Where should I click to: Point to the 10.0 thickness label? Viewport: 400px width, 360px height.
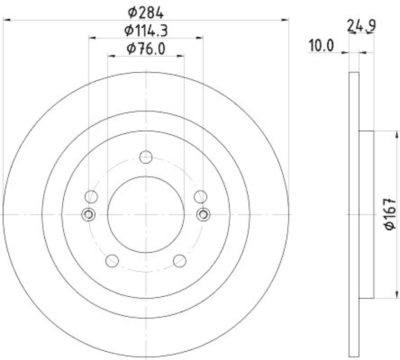pyautogui.click(x=320, y=46)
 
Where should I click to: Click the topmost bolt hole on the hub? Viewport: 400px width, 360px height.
pyautogui.click(x=145, y=157)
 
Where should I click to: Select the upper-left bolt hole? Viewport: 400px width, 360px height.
pyautogui.click(x=91, y=196)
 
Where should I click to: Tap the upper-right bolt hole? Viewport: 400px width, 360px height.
pyautogui.click(x=200, y=196)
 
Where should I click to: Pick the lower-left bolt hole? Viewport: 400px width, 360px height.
pyautogui.click(x=112, y=260)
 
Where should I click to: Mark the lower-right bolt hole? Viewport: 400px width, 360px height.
pyautogui.click(x=179, y=260)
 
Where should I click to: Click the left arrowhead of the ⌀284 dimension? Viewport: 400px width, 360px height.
pyautogui.click(x=6, y=20)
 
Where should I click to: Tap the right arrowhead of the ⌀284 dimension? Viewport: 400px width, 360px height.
pyautogui.click(x=285, y=20)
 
